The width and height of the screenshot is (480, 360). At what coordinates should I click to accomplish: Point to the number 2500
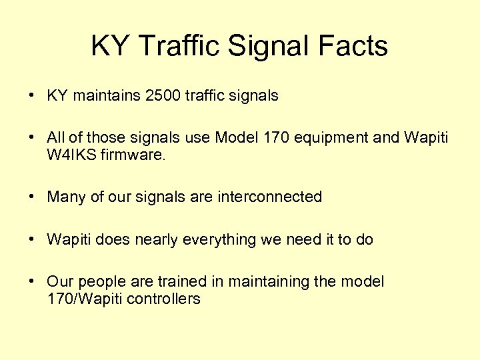pos(163,95)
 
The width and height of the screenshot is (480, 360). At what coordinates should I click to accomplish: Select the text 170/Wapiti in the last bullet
pos(80,298)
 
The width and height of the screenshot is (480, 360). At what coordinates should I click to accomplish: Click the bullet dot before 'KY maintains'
pos(32,95)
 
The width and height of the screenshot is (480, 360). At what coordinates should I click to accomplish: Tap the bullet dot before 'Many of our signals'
pos(32,197)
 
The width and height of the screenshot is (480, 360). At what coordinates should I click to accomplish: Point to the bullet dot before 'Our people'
pos(32,282)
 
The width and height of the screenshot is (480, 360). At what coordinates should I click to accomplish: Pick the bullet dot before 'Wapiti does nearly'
pos(32,239)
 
